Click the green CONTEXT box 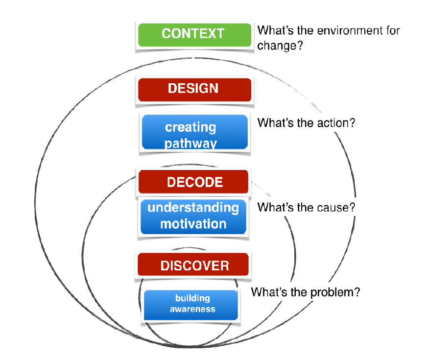pos(194,35)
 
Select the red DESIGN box pos(194,90)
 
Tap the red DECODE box pos(193,182)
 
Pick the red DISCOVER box pos(193,264)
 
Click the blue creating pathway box pos(194,132)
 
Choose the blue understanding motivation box pos(193,216)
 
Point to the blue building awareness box pos(191,305)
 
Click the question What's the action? pos(306,123)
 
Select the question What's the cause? pos(306,208)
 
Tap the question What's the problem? pos(306,292)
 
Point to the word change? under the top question pos(280,46)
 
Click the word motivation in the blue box pos(193,224)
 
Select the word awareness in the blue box pos(192,309)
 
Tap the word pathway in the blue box pos(190,144)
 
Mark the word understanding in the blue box pos(193,208)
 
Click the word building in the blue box pos(192,298)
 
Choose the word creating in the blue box pos(190,127)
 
